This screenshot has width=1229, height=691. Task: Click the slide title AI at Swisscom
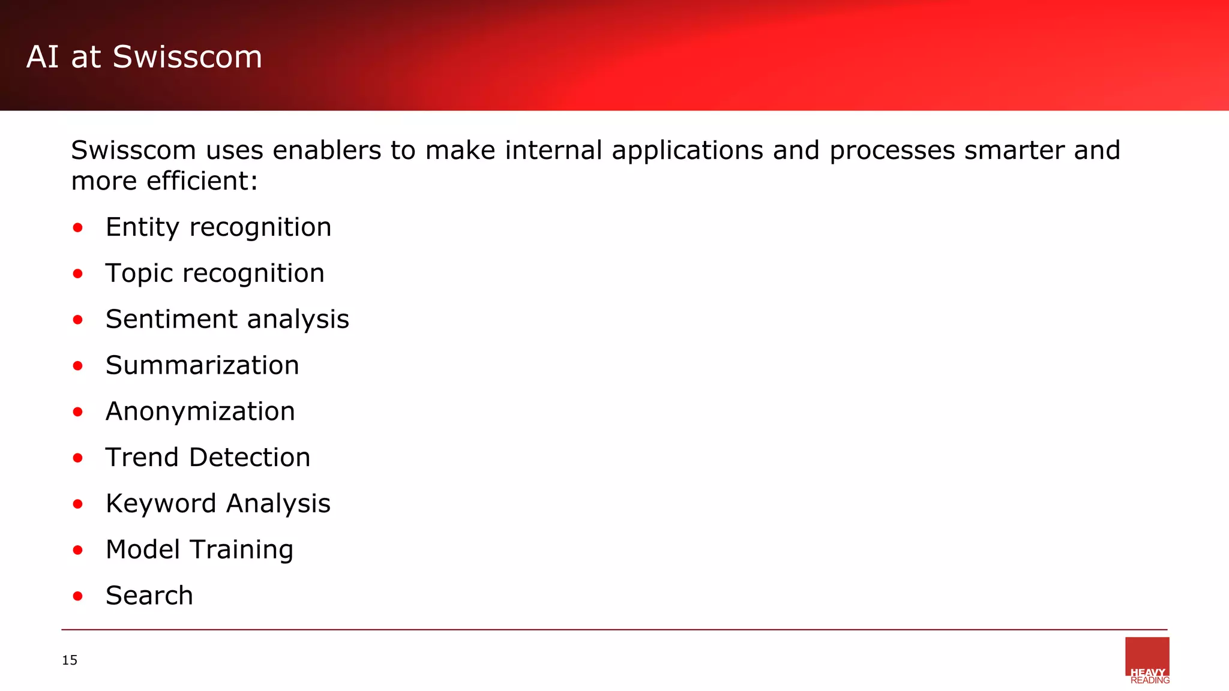(144, 57)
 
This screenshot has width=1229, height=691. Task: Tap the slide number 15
(70, 660)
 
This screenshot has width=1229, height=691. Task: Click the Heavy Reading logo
(1147, 660)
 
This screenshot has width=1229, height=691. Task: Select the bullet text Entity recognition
(218, 227)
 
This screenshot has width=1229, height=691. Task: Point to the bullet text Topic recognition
(215, 274)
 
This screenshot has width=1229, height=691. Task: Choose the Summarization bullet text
(202, 365)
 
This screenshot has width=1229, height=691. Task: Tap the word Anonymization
(200, 411)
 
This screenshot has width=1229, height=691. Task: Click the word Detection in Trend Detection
(250, 458)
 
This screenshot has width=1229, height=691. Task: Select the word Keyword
(161, 504)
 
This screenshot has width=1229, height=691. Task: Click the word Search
(149, 596)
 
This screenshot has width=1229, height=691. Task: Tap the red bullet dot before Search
(77, 596)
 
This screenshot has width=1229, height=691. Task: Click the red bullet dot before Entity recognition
(77, 228)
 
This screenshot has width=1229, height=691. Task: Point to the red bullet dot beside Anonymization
(77, 412)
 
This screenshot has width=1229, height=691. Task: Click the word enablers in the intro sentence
(326, 150)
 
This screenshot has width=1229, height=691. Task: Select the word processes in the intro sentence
(892, 151)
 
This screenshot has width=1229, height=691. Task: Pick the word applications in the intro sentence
(687, 151)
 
